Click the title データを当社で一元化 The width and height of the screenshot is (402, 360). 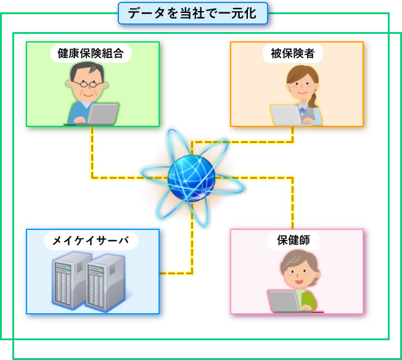(x=192, y=13)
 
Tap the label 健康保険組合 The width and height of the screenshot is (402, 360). (x=91, y=54)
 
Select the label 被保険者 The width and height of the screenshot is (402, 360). (x=292, y=54)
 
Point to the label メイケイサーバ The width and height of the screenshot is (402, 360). (x=91, y=240)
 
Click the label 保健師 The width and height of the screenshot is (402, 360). (x=293, y=240)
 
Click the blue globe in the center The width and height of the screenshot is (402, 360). (x=192, y=178)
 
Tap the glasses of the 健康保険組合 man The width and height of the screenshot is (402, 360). (x=88, y=84)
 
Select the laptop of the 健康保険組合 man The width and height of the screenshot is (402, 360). (x=102, y=114)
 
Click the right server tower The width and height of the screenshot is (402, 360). (x=105, y=282)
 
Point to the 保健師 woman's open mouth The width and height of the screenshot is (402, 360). (x=298, y=282)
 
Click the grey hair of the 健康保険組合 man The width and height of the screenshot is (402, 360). (x=88, y=70)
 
